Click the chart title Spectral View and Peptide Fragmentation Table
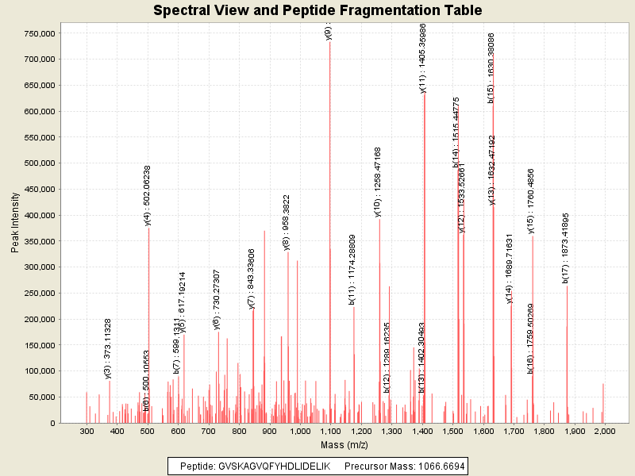point(317,10)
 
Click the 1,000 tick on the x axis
point(299,431)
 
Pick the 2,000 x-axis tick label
point(604,431)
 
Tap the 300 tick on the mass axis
point(87,431)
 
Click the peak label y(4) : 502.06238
point(148,196)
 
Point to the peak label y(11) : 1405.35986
point(423,58)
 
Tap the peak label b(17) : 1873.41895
point(566,248)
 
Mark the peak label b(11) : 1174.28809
point(352,269)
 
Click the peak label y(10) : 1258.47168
point(378,182)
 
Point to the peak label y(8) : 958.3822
point(287,222)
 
